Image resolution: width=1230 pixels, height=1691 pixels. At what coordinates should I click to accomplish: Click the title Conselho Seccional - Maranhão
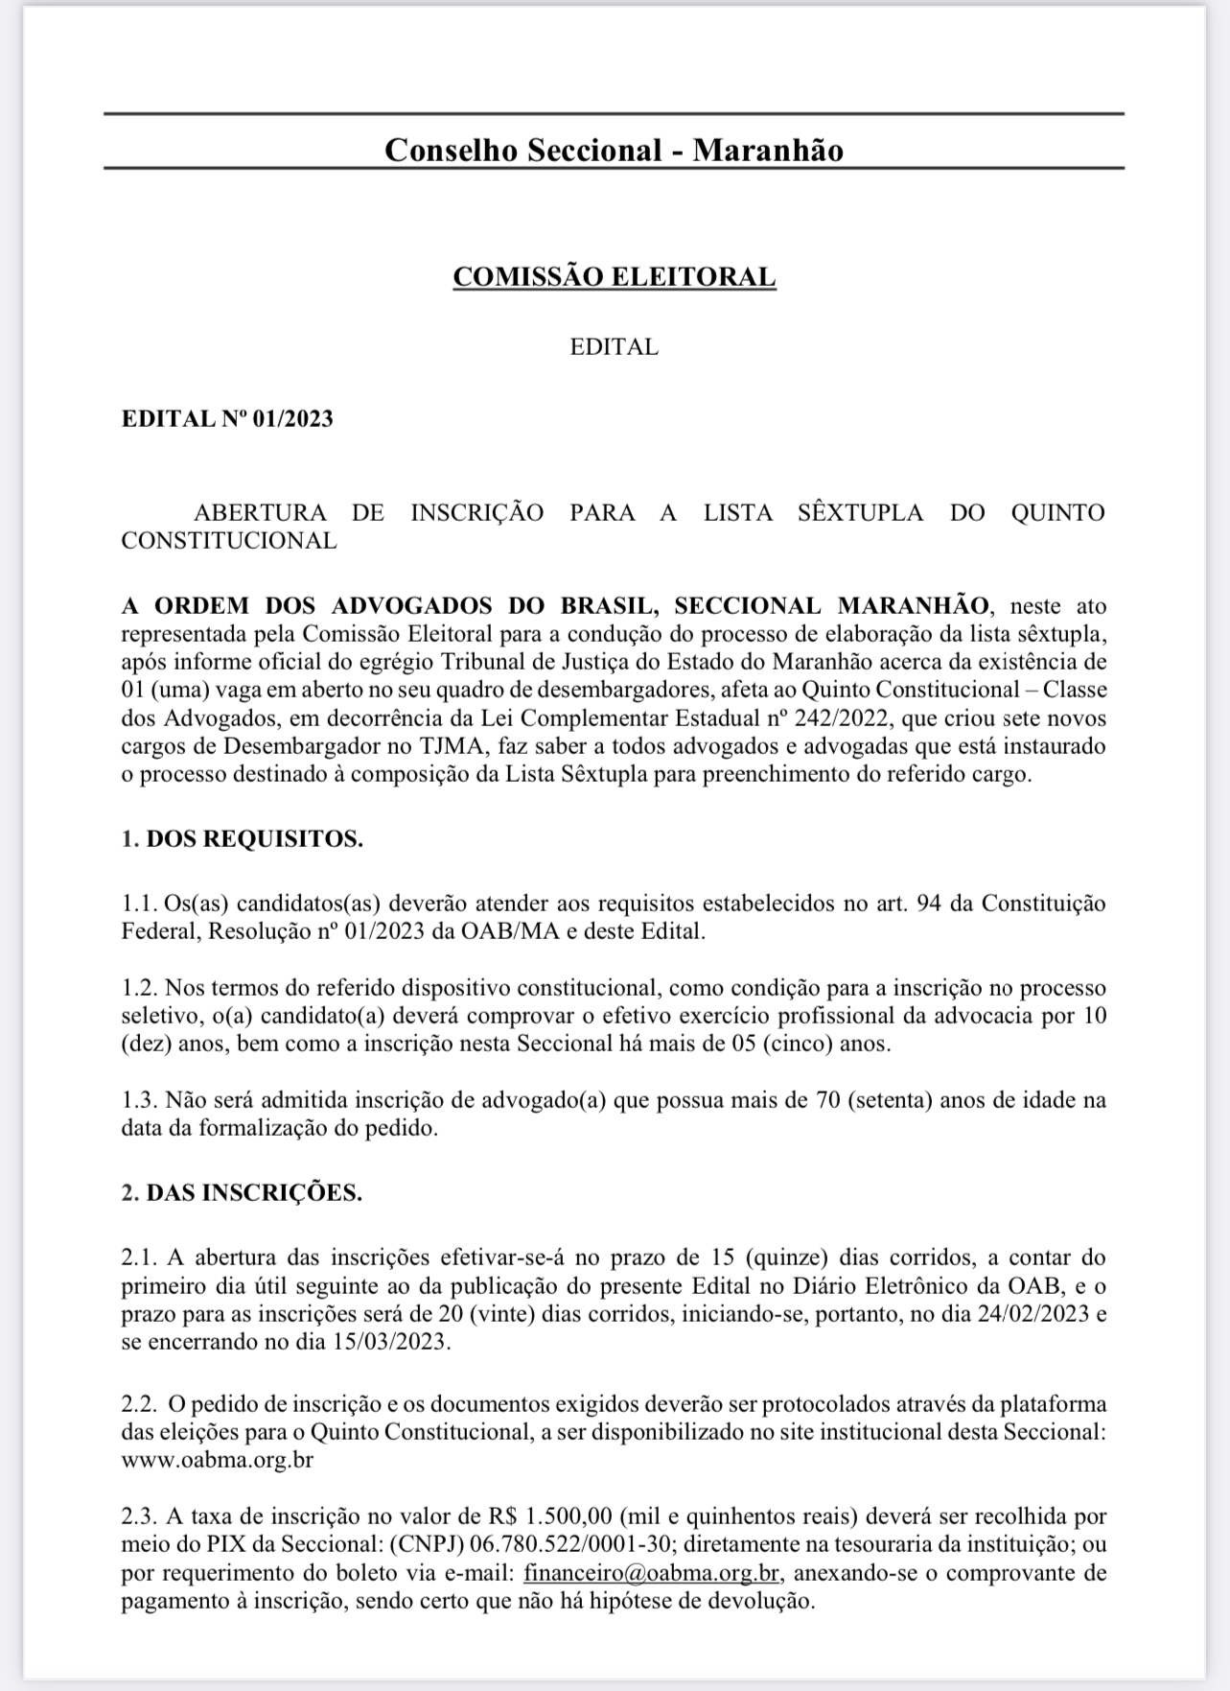(614, 151)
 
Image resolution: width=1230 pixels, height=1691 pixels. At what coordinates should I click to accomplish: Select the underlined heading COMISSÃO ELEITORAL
(614, 277)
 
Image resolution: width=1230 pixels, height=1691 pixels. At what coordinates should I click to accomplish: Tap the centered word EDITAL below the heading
(614, 347)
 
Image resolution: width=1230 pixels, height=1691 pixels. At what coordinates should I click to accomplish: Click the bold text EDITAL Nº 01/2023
(227, 419)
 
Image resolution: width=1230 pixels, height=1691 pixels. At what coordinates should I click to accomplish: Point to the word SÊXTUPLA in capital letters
(860, 512)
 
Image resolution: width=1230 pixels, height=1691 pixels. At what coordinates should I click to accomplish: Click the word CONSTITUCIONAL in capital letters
(229, 541)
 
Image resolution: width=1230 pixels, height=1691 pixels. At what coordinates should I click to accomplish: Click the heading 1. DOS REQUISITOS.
(242, 839)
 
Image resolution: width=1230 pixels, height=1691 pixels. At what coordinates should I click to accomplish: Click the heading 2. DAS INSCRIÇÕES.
(242, 1193)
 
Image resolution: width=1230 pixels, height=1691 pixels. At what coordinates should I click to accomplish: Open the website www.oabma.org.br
(218, 1461)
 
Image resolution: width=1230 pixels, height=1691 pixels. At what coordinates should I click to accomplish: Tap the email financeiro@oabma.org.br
(651, 1573)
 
